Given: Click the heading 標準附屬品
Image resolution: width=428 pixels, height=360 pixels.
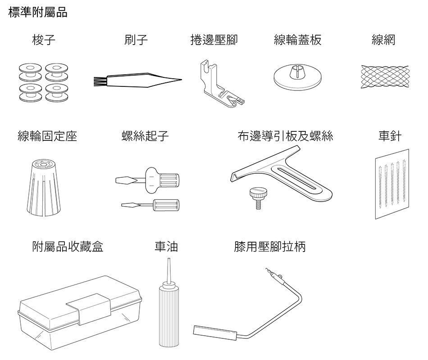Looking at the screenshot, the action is pyautogui.click(x=38, y=13).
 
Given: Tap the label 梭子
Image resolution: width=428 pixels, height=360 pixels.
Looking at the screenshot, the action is pyautogui.click(x=44, y=40).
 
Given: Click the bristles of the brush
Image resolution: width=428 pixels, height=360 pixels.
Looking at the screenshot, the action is pyautogui.click(x=100, y=81).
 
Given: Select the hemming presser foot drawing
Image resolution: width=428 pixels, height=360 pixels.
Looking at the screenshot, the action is pyautogui.click(x=221, y=84).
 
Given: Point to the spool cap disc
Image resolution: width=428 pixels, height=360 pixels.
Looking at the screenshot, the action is pyautogui.click(x=298, y=77).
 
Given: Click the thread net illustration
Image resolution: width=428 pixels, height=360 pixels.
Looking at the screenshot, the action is pyautogui.click(x=385, y=76).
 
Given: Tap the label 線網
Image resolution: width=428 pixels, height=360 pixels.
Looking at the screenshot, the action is pyautogui.click(x=383, y=40).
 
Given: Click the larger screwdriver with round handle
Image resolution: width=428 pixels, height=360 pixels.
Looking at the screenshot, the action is pyautogui.click(x=148, y=180).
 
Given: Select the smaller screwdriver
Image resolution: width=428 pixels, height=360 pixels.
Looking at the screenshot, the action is pyautogui.click(x=150, y=205).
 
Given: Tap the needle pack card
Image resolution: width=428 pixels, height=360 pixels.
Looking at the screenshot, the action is pyautogui.click(x=392, y=184).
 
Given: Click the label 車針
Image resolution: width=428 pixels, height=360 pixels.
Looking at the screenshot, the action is pyautogui.click(x=390, y=136).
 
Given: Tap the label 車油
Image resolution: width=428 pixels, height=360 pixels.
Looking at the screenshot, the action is pyautogui.click(x=166, y=247).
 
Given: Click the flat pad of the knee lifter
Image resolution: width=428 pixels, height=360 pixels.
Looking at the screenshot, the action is pyautogui.click(x=215, y=333).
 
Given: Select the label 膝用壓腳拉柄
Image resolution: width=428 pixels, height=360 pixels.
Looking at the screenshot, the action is pyautogui.click(x=270, y=247).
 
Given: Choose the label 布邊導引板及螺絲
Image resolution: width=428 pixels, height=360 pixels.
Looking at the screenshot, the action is pyautogui.click(x=285, y=136).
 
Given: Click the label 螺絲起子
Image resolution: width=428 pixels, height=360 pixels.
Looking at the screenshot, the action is pyautogui.click(x=145, y=136).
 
